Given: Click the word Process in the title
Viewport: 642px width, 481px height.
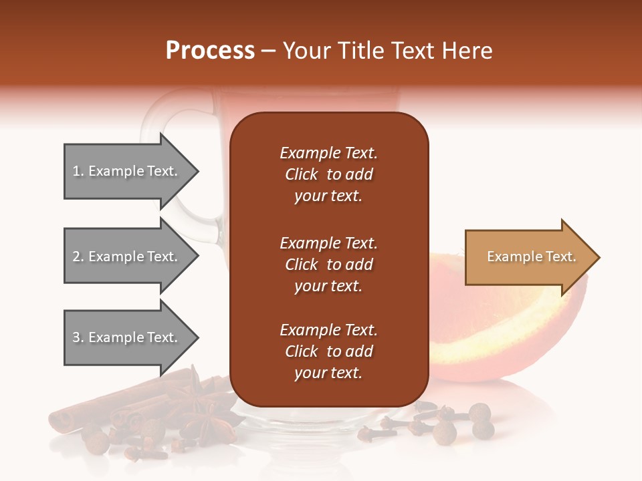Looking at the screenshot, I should (210, 51).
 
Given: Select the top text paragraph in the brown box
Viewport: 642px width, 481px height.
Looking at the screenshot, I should (328, 174).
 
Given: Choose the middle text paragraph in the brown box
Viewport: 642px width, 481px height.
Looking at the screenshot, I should (328, 265).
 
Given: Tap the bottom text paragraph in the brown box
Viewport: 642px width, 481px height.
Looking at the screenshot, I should (328, 351).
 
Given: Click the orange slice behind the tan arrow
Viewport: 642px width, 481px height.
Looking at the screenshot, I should (508, 334).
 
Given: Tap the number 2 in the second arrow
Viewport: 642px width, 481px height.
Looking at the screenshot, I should (76, 257).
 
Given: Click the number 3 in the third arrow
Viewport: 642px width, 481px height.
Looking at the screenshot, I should (76, 338).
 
